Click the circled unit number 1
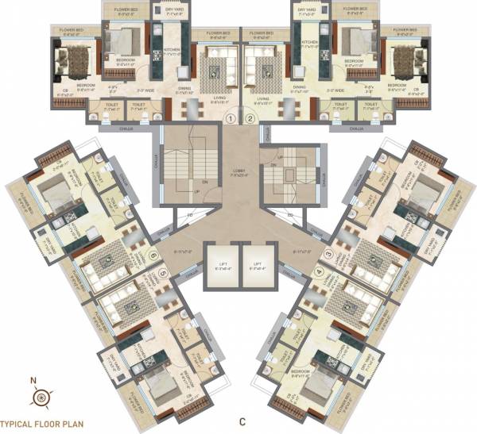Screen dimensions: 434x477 (x=230, y=119)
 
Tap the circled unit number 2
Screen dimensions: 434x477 (x=250, y=119)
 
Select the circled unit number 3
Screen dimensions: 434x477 (x=328, y=254)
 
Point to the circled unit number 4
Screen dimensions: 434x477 (x=320, y=272)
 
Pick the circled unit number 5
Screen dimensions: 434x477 (x=162, y=273)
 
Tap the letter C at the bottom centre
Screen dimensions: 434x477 (x=241, y=421)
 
